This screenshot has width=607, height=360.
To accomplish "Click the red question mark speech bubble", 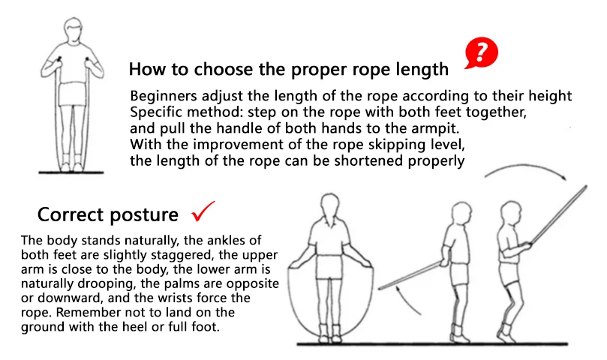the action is [x=481, y=52].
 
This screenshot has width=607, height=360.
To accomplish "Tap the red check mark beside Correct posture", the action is [x=203, y=211].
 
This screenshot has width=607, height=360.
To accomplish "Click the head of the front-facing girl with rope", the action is [x=330, y=207].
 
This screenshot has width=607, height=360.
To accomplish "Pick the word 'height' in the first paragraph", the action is [x=550, y=96].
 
